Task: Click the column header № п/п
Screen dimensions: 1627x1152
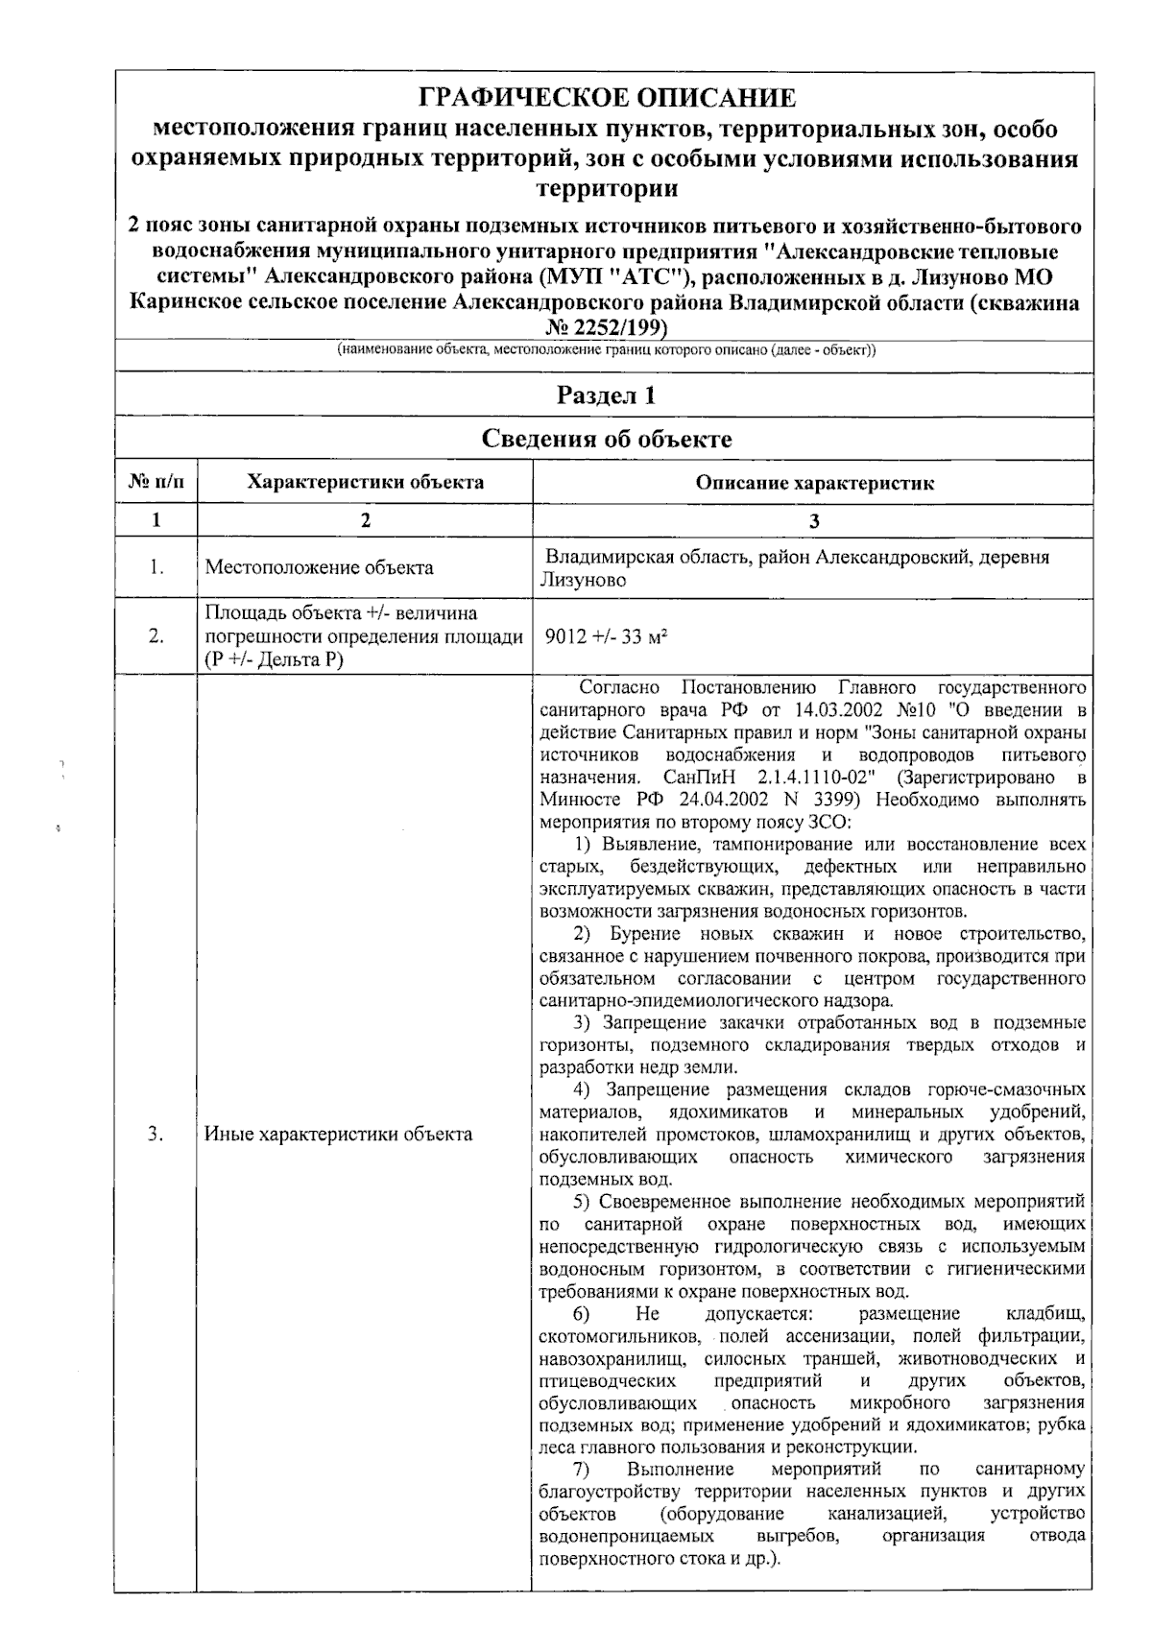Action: [x=156, y=482]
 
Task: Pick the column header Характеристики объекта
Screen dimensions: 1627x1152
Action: [x=365, y=482]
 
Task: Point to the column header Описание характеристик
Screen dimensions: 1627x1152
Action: [x=814, y=483]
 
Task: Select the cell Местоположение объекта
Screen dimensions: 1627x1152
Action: [x=319, y=567]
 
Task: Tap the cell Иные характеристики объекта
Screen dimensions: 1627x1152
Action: [x=338, y=1134]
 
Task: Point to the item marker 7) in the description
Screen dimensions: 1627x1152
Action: [x=581, y=1469]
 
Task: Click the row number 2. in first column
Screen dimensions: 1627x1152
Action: [x=156, y=636]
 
